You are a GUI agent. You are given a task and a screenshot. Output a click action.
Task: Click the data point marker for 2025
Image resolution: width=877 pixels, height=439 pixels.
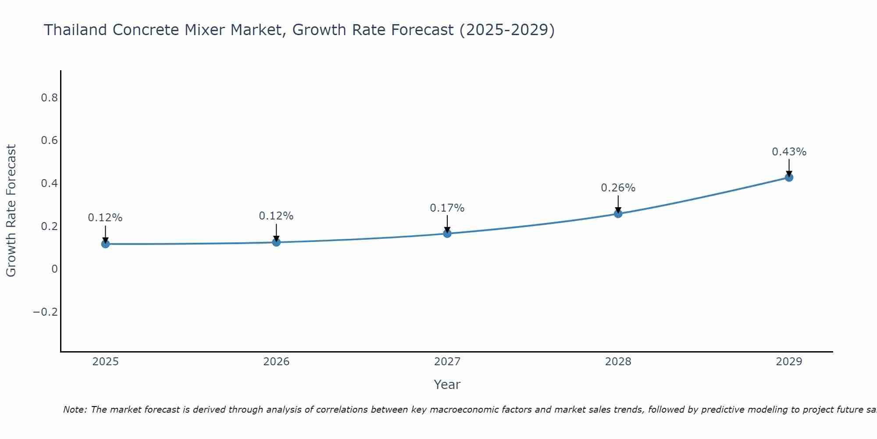pyautogui.click(x=105, y=244)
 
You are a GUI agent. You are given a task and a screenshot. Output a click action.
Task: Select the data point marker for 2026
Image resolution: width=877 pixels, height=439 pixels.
pyautogui.click(x=276, y=242)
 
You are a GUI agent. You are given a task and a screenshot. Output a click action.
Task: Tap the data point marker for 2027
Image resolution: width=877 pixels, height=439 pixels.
pyautogui.click(x=447, y=234)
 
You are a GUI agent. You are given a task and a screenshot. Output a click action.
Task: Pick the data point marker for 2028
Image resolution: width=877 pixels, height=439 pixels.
pyautogui.click(x=618, y=214)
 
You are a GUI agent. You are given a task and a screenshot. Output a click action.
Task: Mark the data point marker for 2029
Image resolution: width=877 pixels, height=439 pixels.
pyautogui.click(x=789, y=177)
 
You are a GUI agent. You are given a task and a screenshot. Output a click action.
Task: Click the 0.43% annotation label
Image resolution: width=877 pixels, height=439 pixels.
pyautogui.click(x=789, y=152)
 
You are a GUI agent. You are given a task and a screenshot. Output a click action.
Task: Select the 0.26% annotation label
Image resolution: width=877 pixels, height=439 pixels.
pyautogui.click(x=618, y=188)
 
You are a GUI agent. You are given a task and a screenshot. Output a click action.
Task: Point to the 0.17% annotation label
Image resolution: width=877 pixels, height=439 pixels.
pyautogui.click(x=447, y=208)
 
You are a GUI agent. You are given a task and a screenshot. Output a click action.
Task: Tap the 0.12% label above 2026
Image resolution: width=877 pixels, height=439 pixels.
pyautogui.click(x=276, y=216)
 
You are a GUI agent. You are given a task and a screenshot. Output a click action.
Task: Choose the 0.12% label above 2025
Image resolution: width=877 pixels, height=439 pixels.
pyautogui.click(x=105, y=218)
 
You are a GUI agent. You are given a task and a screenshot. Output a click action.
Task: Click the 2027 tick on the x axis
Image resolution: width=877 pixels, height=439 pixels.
pyautogui.click(x=447, y=362)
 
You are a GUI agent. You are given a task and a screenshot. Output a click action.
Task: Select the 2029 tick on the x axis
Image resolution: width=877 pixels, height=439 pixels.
pyautogui.click(x=789, y=362)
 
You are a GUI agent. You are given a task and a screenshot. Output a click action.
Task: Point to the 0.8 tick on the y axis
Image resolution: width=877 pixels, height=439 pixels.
pyautogui.click(x=50, y=98)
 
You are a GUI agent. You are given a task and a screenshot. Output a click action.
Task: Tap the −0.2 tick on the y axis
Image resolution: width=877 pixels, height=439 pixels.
pyautogui.click(x=45, y=312)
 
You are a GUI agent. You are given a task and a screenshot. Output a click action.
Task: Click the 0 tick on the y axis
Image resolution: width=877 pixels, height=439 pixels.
pyautogui.click(x=54, y=269)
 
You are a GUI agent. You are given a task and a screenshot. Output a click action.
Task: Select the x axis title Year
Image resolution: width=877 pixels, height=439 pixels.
pyautogui.click(x=447, y=385)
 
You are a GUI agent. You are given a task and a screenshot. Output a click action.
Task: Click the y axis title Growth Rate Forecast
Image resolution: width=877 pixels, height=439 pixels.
pyautogui.click(x=11, y=211)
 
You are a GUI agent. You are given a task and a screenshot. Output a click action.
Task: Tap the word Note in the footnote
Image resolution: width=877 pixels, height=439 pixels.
pyautogui.click(x=75, y=410)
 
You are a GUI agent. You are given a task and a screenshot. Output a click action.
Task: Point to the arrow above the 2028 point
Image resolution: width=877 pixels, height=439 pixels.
pyautogui.click(x=618, y=204)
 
